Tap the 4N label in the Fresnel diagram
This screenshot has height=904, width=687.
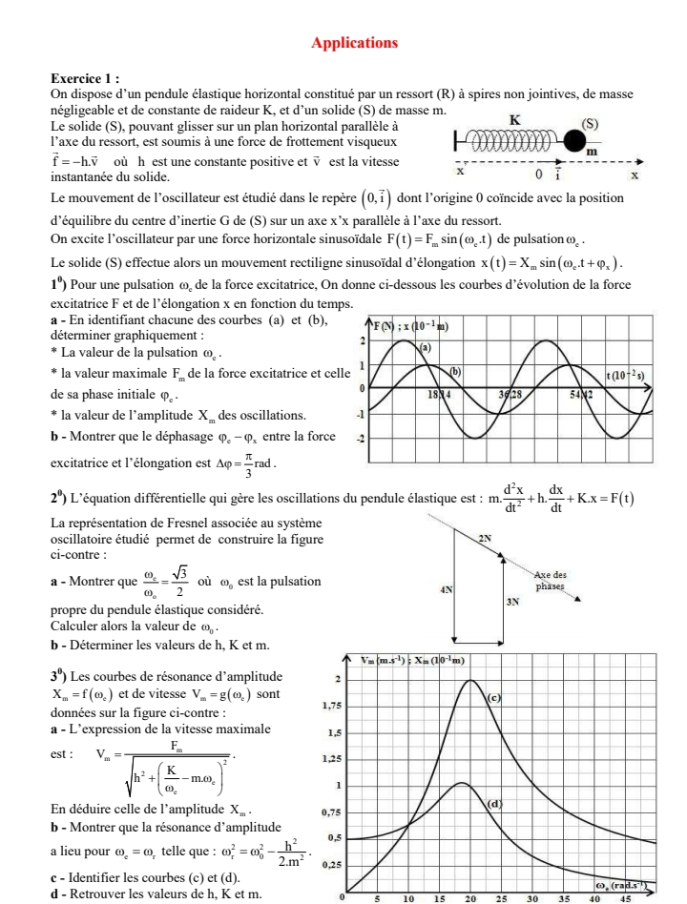coord(445,591)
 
